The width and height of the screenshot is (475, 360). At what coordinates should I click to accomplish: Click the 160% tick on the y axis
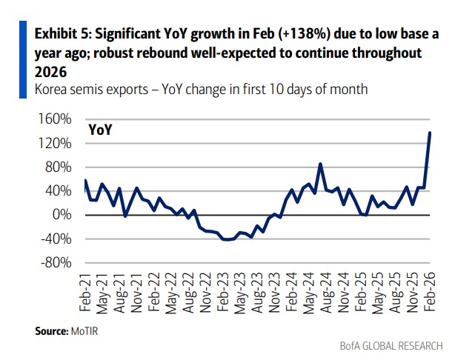[56, 119]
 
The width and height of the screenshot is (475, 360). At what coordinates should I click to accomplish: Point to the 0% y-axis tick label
[62, 215]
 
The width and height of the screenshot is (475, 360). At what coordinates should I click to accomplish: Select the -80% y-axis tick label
[56, 263]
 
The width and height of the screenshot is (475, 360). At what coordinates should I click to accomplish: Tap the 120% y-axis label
[56, 143]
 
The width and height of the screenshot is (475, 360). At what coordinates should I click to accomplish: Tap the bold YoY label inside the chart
[100, 130]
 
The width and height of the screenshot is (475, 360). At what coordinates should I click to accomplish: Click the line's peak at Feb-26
[431, 133]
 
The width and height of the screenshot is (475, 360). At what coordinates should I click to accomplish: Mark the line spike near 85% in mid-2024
[320, 164]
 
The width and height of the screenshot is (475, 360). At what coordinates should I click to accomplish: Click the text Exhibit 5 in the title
[62, 34]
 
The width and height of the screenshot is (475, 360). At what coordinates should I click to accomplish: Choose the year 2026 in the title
[50, 73]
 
